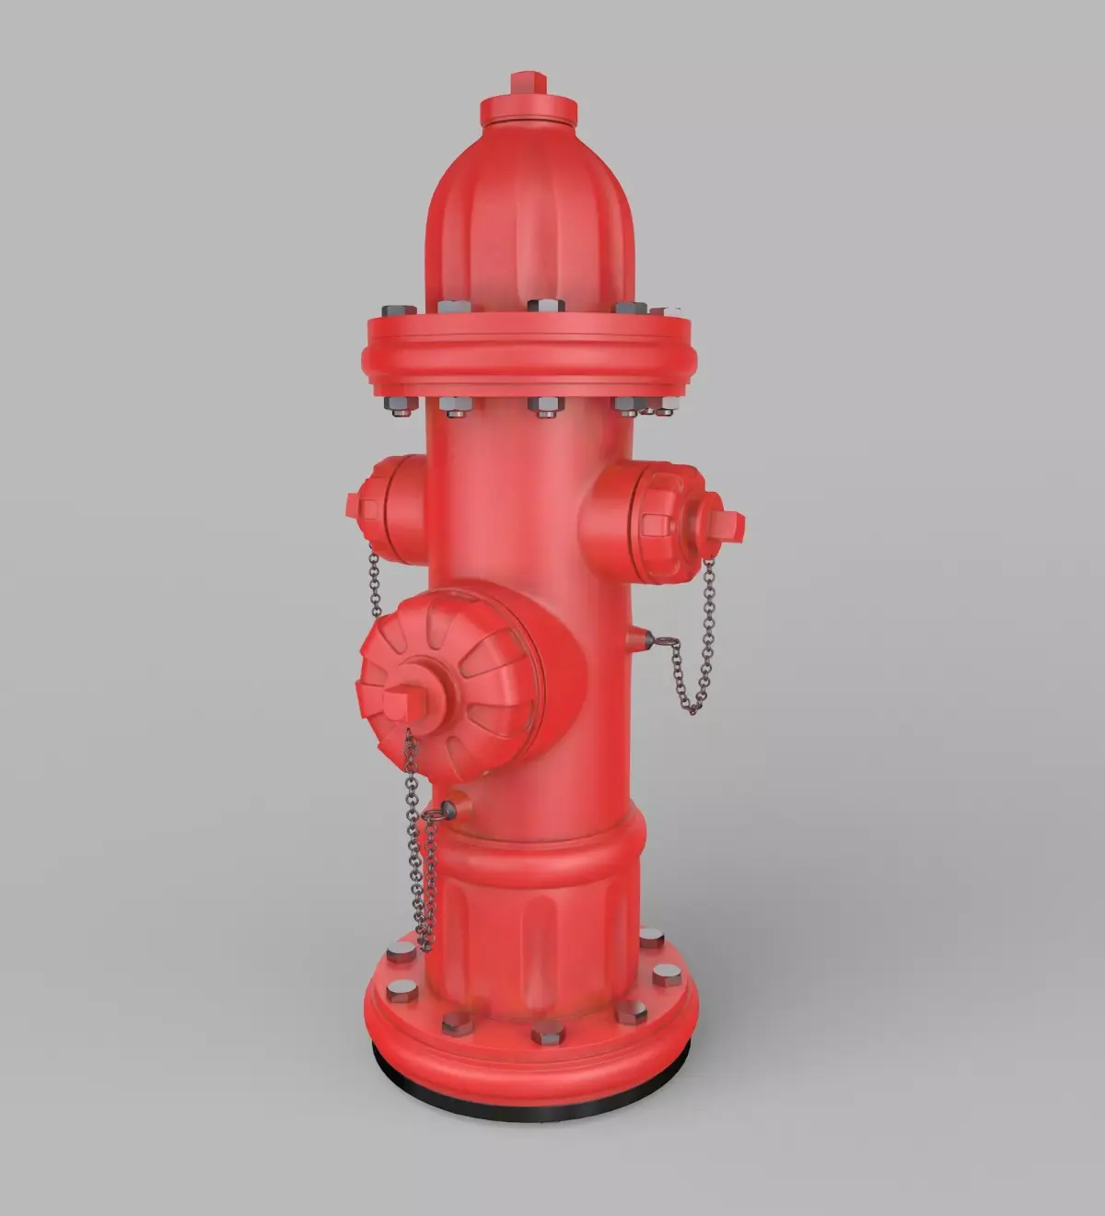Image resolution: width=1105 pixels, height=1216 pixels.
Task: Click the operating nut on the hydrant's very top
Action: coord(529,83)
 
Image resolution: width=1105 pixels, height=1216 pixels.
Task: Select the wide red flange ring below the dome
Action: coord(529,356)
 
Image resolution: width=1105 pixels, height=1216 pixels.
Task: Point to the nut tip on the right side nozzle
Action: coord(727,523)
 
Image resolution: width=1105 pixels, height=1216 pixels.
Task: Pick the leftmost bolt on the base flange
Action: coord(401,991)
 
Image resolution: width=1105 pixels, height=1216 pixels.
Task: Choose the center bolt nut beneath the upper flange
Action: coord(544,406)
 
